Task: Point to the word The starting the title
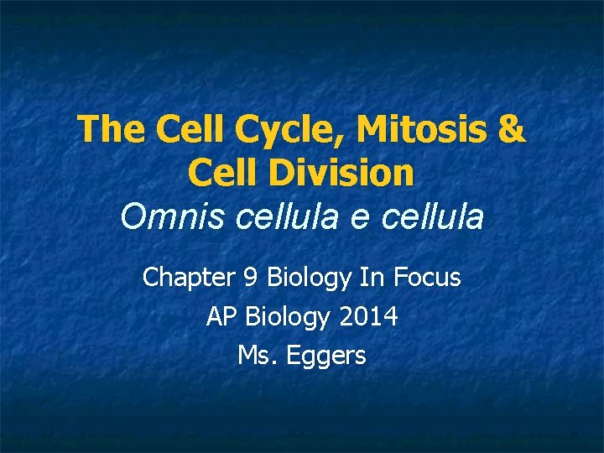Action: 107,130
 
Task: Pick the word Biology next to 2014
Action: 290,317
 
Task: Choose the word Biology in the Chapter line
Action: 299,278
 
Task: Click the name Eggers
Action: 326,356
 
